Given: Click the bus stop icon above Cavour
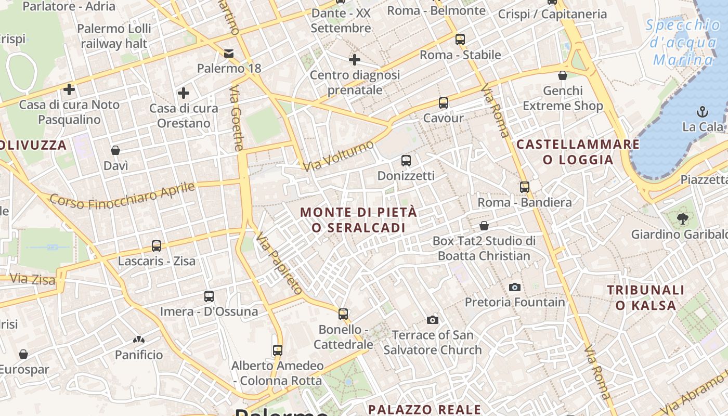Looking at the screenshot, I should coord(443,103).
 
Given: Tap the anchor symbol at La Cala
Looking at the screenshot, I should coord(703,111).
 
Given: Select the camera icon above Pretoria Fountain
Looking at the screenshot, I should coord(515,287).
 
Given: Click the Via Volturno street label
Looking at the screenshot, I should coord(339,155).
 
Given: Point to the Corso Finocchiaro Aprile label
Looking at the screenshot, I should coord(122,196).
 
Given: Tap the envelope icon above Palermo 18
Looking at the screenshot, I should coord(229,53).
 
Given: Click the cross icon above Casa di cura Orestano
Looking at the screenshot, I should coord(183,93).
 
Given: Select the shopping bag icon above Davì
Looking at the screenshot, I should coord(115,150).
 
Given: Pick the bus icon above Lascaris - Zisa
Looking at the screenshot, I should coord(157,245).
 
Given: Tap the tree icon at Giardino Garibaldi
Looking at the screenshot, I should coord(683,219).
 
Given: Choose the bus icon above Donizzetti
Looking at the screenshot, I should coord(406,161).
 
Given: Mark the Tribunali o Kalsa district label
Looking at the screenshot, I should coord(646,297).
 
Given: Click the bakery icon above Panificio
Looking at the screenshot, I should coord(138,340).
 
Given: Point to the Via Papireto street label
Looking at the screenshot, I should coord(279,263).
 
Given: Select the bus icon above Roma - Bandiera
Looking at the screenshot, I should coord(525,187).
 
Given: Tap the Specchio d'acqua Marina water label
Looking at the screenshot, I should coord(683,42).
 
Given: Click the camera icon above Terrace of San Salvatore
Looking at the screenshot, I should coord(433,320).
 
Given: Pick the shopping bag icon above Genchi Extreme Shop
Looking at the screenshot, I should coord(563,76).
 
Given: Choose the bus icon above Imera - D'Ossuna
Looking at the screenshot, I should coord(209,296).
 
